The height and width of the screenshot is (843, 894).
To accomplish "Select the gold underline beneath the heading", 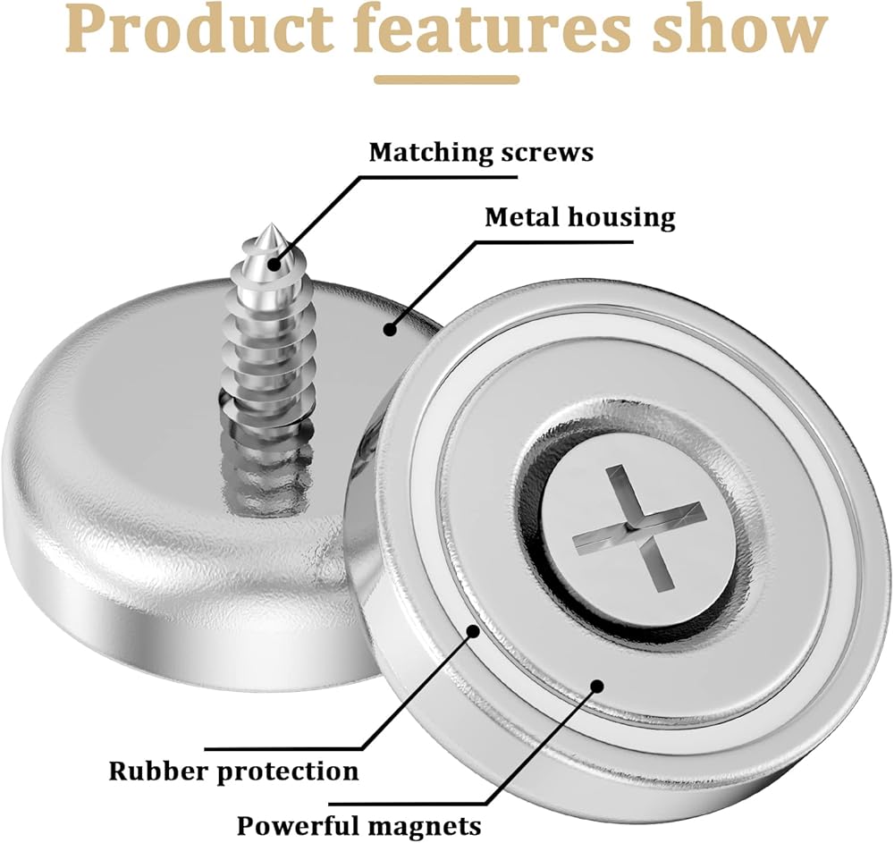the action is click(446, 80).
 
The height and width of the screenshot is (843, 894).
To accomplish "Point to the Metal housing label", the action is click(579, 216).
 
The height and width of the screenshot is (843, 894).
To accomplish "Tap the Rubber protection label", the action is click(233, 770).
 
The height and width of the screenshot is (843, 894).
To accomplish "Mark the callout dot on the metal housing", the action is click(390, 329).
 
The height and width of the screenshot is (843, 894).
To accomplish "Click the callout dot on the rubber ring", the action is click(475, 632).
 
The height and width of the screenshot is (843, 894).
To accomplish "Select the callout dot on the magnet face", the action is click(596, 686).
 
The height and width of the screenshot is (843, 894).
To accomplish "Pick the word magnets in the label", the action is click(424, 823).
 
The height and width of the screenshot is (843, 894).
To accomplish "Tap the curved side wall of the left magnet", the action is click(134, 572).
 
